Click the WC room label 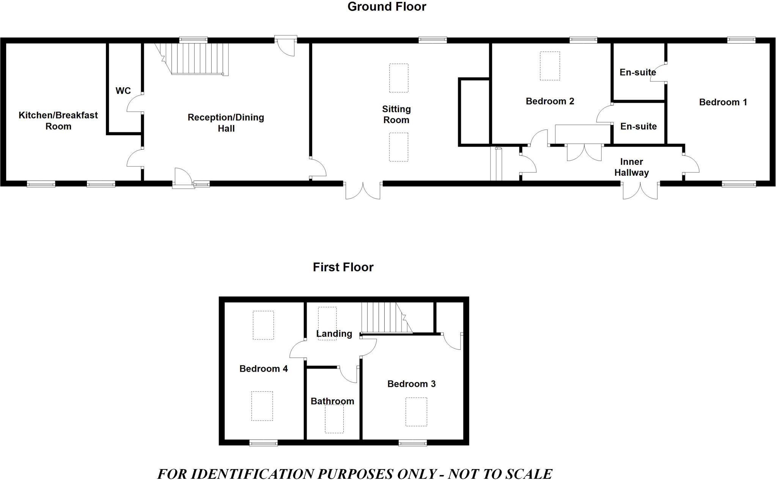[123, 91]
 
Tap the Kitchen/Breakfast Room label [58, 120]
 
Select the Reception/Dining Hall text [226, 123]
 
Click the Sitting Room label [396, 114]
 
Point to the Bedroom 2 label [550, 101]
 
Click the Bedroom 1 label [723, 102]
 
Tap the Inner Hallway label [631, 167]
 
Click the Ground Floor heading [387, 7]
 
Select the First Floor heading [343, 267]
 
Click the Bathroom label [332, 401]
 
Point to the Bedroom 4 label [263, 369]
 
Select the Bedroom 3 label [411, 384]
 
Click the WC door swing [134, 104]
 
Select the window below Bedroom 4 [263, 443]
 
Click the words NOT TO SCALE [500, 474]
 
